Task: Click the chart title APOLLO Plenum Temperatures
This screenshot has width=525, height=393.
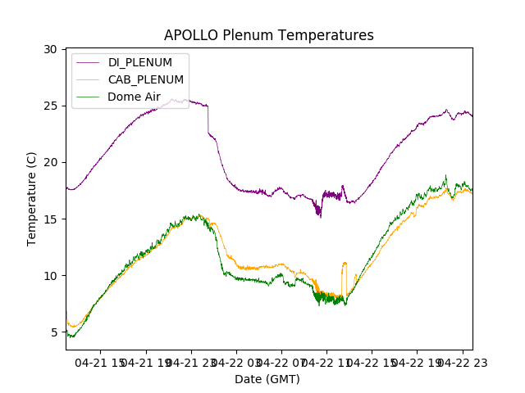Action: pos(268,35)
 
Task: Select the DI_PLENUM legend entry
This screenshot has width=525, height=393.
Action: pos(139,62)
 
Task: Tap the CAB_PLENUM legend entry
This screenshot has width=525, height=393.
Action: pos(145,79)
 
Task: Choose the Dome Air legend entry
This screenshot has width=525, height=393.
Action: pos(134,97)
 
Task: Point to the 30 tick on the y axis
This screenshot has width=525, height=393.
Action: pos(50,49)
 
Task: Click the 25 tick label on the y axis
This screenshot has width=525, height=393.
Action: pos(50,106)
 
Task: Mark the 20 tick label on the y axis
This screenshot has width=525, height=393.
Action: pos(50,162)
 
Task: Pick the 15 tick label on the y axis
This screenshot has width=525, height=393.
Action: pos(50,219)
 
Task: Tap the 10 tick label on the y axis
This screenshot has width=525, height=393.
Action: pos(50,275)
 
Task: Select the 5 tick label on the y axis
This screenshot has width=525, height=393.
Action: pos(53,332)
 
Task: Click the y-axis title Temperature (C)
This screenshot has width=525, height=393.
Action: pos(32,199)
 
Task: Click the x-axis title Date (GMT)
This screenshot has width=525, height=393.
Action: pos(267,379)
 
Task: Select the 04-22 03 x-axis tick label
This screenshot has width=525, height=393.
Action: pos(236,362)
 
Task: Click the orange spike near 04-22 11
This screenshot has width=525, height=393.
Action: pos(345,264)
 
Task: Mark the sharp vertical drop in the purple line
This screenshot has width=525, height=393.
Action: pos(208,120)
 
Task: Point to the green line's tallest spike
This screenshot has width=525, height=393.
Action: pos(446,175)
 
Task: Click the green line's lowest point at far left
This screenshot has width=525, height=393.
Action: pos(71,337)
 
